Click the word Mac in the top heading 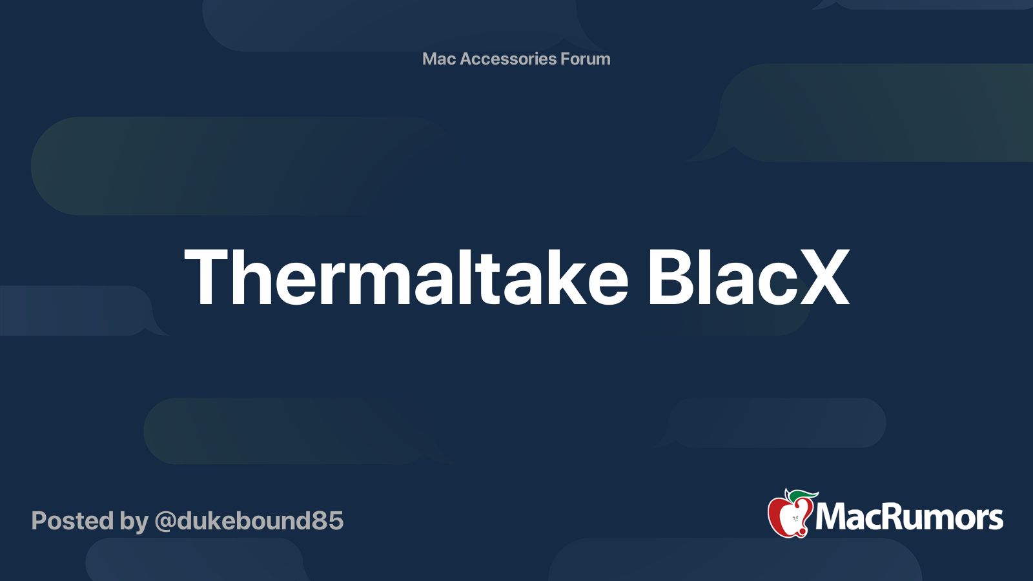tap(438, 59)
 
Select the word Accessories tap(507, 59)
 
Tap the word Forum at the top tap(585, 59)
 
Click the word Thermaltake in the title tap(406, 278)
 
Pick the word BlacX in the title tap(748, 278)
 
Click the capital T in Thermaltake tap(208, 278)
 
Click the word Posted tap(72, 521)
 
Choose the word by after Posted tap(134, 522)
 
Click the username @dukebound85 tap(249, 521)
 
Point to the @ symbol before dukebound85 tap(165, 522)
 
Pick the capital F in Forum tap(565, 59)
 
